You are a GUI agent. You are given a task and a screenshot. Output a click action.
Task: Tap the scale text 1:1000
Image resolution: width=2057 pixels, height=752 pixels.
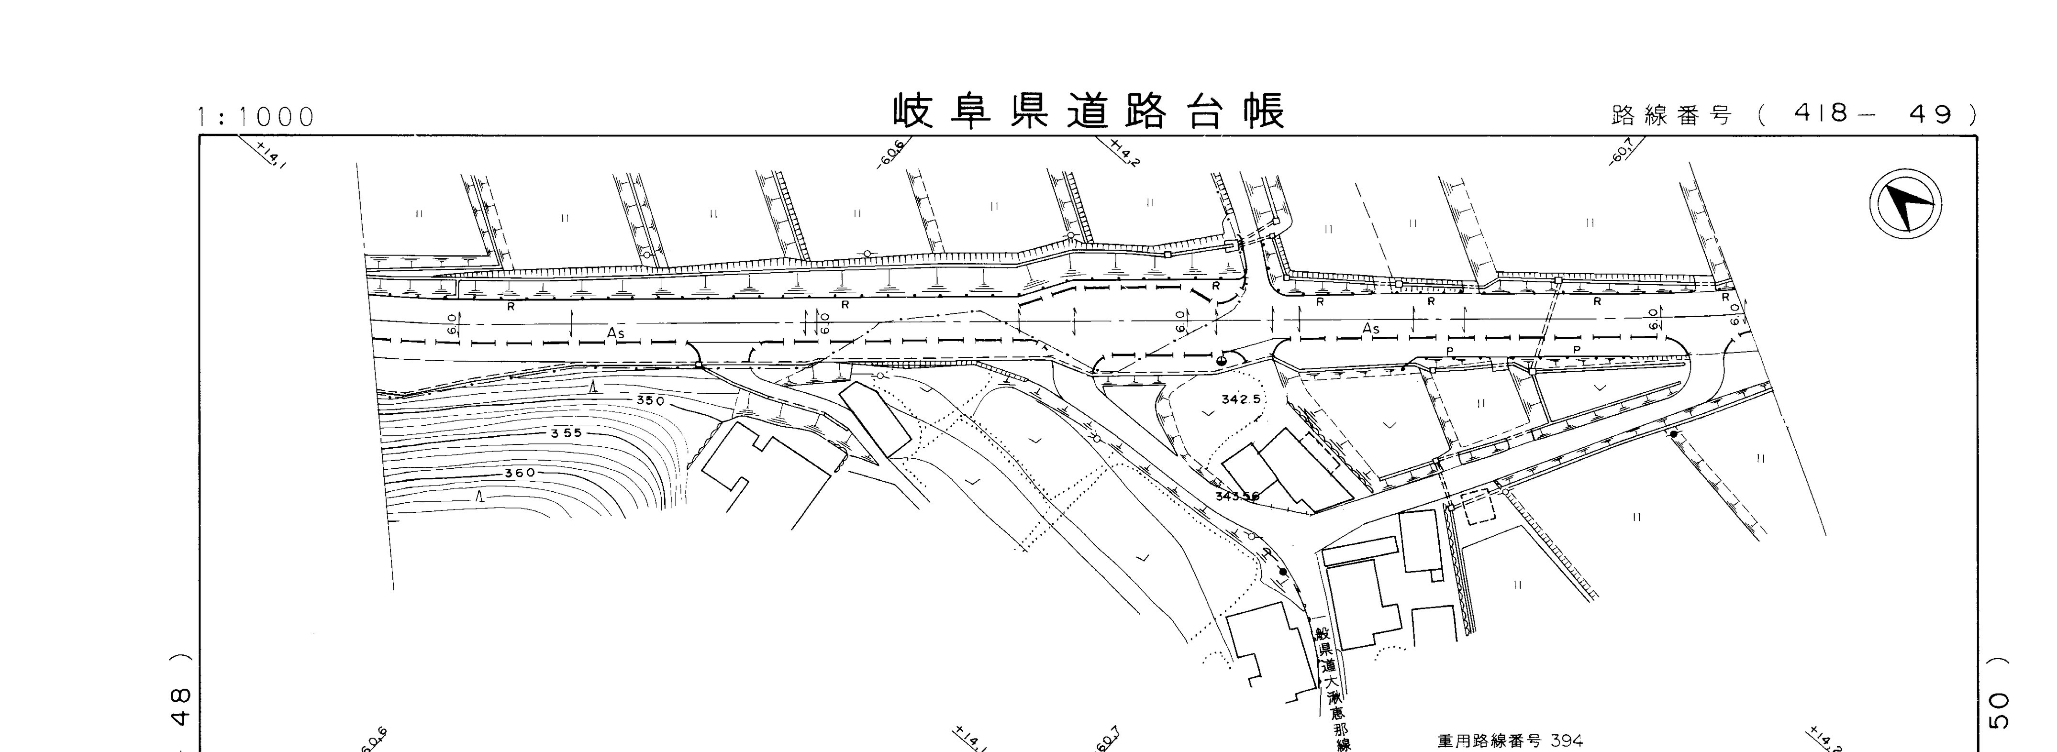click(257, 117)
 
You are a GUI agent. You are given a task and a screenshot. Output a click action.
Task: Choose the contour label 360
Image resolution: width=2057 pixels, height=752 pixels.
click(519, 473)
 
